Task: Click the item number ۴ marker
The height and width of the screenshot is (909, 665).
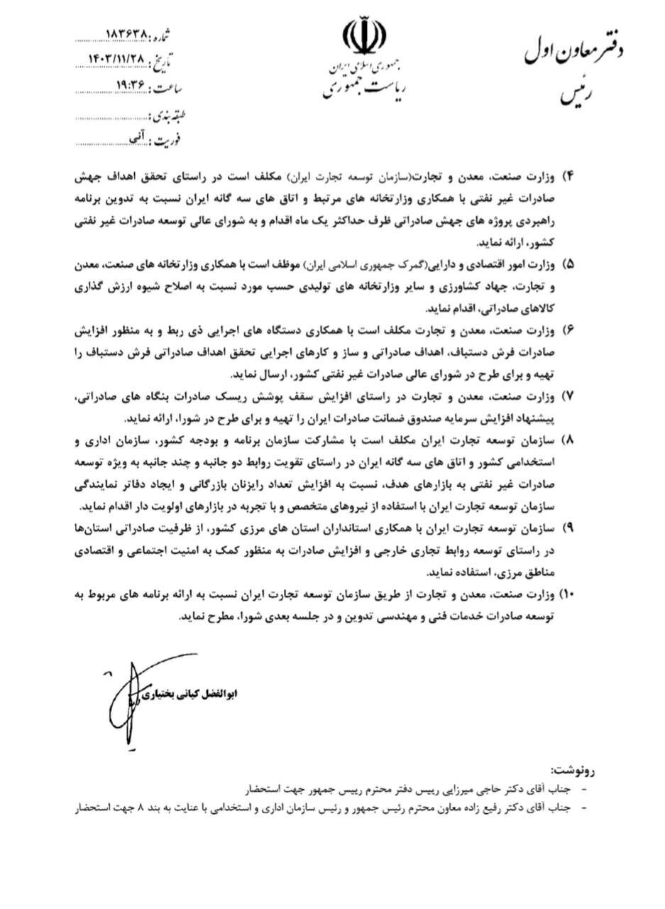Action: (x=567, y=175)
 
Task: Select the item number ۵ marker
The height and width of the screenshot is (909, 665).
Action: (x=567, y=263)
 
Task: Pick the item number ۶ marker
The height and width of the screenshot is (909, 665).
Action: (x=567, y=330)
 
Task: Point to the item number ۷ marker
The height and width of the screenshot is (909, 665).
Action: (x=567, y=396)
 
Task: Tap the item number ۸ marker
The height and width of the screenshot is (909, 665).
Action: (x=567, y=440)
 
